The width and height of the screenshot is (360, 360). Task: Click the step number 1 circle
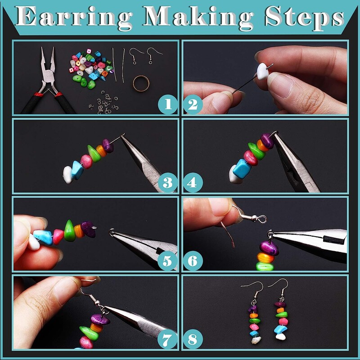click(x=168, y=104)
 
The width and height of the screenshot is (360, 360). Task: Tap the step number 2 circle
click(x=193, y=104)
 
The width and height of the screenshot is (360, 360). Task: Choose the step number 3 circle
click(x=168, y=183)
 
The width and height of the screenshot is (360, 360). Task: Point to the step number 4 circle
click(x=193, y=183)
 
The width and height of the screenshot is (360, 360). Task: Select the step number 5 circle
click(x=167, y=261)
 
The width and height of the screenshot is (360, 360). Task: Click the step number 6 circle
click(x=193, y=261)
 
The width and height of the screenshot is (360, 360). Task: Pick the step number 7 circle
click(x=167, y=339)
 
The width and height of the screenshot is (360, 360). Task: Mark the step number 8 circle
click(x=193, y=339)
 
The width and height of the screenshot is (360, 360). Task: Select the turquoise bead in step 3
click(x=77, y=170)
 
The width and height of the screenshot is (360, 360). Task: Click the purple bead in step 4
click(x=267, y=140)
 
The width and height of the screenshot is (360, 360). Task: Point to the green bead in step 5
click(x=69, y=231)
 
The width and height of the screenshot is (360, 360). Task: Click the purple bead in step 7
click(x=100, y=319)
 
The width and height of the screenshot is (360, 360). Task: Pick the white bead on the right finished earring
click(x=281, y=337)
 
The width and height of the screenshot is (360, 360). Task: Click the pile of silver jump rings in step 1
click(x=104, y=103)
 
